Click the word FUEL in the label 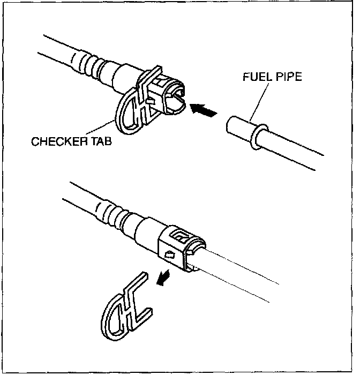(x=257, y=77)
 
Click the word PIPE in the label (x=288, y=77)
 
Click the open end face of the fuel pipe (x=231, y=126)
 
